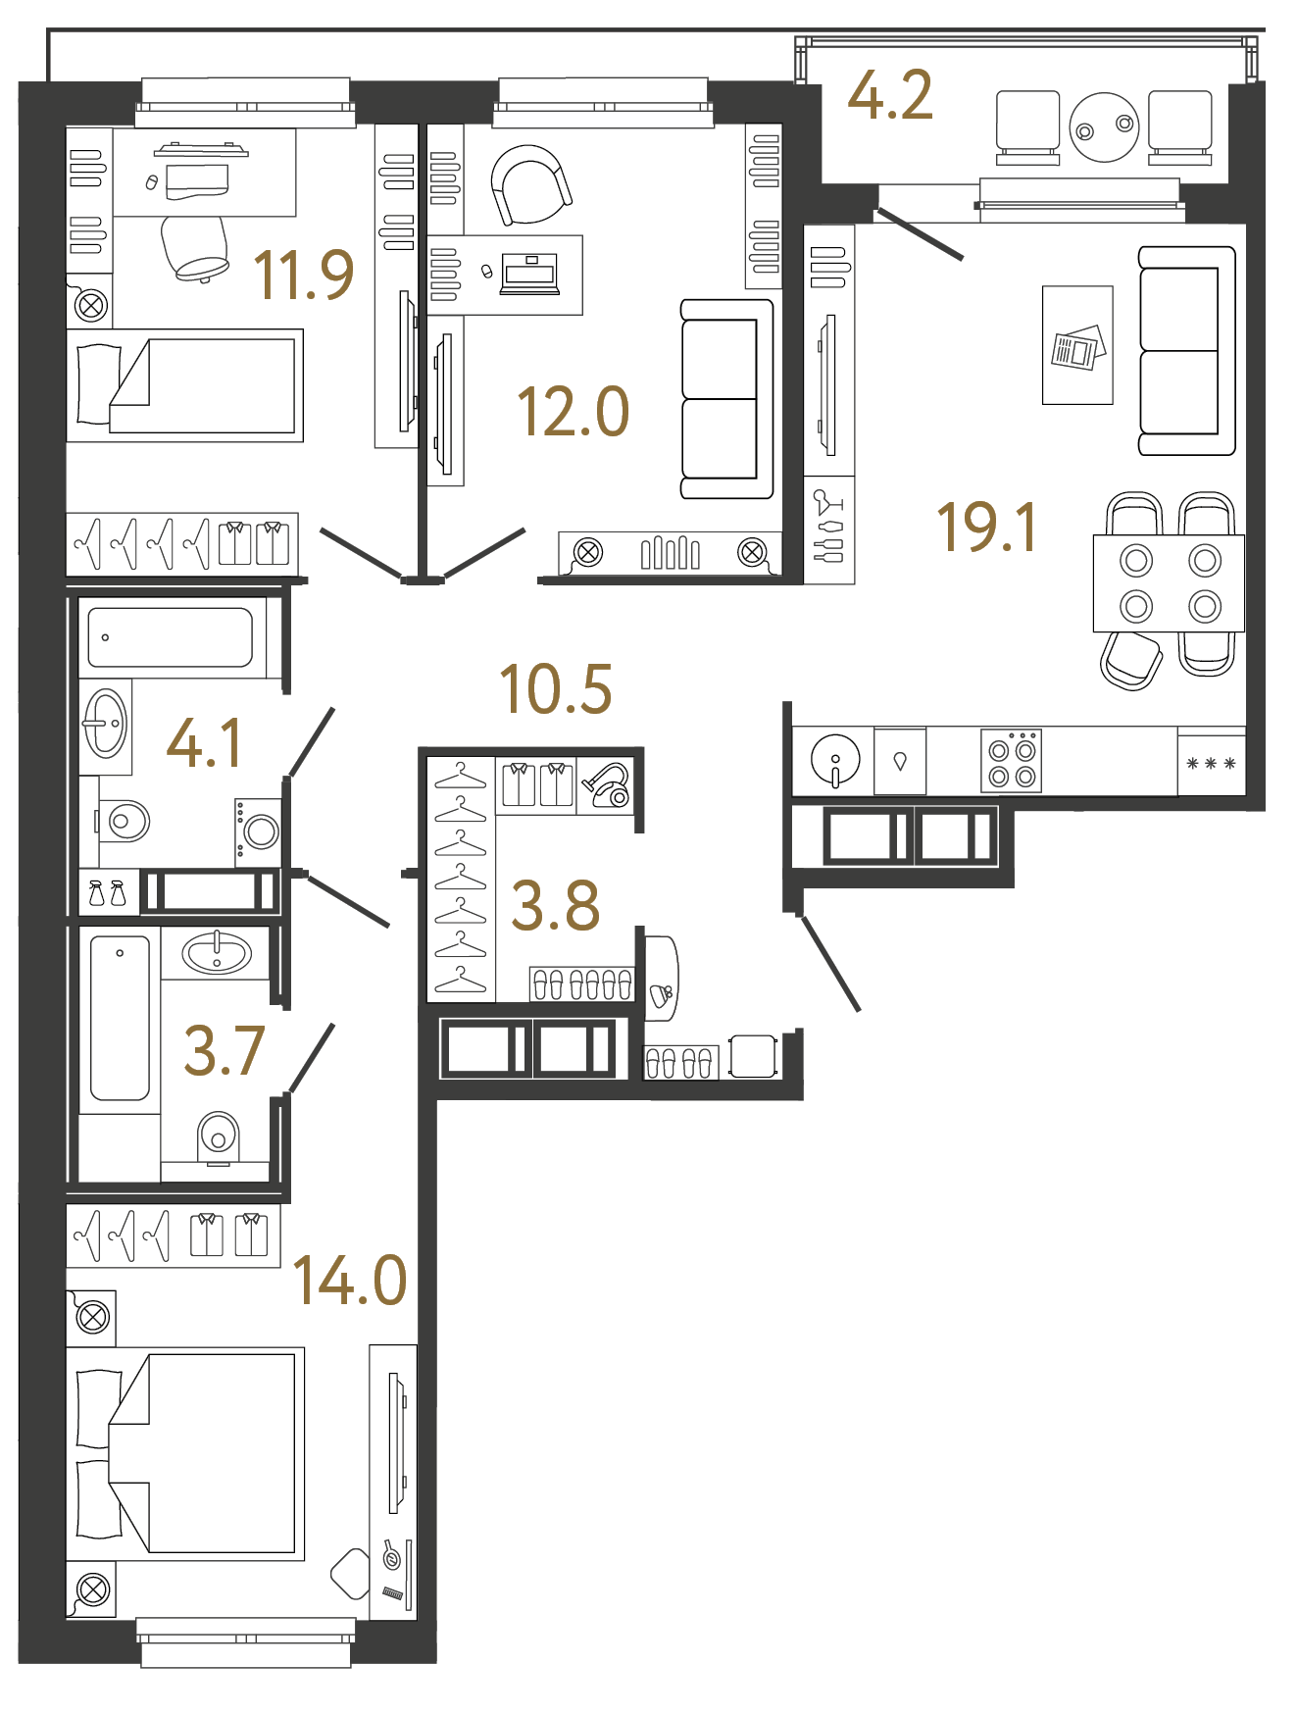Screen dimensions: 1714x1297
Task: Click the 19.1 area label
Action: tap(986, 528)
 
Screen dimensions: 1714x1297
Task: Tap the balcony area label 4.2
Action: tap(889, 96)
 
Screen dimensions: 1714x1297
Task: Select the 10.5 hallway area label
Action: tap(555, 689)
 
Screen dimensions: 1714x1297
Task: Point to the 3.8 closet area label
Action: tap(555, 906)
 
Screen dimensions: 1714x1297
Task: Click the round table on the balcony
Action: tap(1104, 127)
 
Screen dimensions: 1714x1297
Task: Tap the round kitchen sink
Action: tap(835, 760)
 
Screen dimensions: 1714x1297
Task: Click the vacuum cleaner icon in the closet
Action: tap(607, 785)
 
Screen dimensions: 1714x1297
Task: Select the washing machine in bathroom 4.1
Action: tap(259, 832)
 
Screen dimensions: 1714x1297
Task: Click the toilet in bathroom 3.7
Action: tap(219, 1137)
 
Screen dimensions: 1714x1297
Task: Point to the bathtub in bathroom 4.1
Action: tap(171, 637)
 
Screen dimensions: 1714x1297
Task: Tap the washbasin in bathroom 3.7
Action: tap(217, 952)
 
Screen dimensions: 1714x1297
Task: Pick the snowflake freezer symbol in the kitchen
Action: tap(1211, 763)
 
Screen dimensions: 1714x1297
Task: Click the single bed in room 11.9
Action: tap(186, 386)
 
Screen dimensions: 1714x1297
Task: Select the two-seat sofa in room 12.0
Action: tap(726, 399)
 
